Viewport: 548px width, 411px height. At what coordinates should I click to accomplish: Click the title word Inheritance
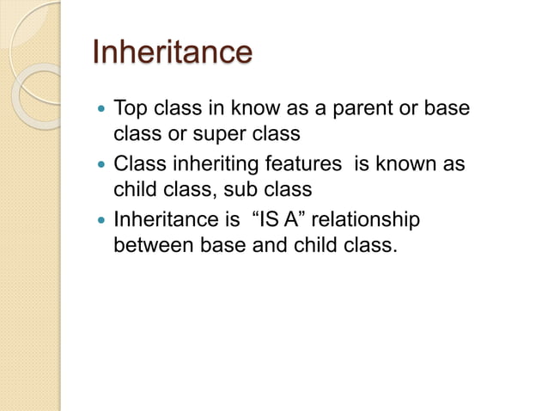point(172,52)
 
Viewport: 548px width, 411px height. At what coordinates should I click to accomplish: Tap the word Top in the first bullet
point(131,110)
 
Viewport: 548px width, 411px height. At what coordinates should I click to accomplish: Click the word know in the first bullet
point(251,110)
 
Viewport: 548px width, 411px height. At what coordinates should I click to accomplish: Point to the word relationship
point(369,219)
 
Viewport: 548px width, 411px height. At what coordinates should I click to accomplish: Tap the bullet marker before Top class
point(101,111)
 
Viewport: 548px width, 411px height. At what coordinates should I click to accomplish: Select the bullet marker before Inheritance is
point(101,220)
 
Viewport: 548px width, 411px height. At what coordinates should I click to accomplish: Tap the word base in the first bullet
point(454,110)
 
